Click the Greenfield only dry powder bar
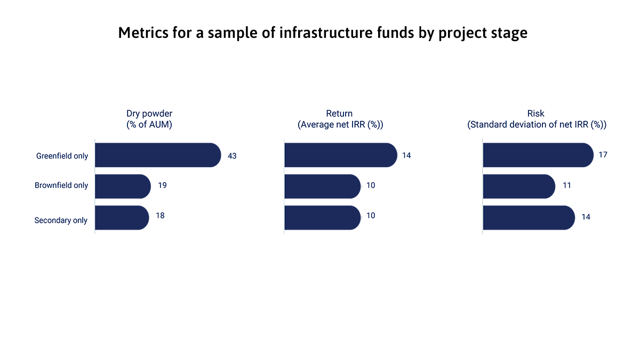click(x=157, y=155)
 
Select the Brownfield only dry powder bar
click(x=122, y=186)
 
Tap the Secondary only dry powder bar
click(x=121, y=217)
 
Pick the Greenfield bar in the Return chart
click(x=340, y=155)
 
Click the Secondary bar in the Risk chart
click(x=528, y=217)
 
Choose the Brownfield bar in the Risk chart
click(x=518, y=186)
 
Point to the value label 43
click(x=232, y=156)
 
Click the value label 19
click(x=163, y=185)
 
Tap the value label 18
click(x=160, y=215)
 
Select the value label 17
click(x=603, y=155)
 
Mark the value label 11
click(x=566, y=185)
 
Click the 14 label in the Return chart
click(x=406, y=155)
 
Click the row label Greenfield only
click(x=62, y=156)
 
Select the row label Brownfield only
click(x=61, y=185)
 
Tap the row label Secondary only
click(x=61, y=220)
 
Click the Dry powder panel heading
click(x=149, y=113)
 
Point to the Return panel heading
click(x=340, y=113)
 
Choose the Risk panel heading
click(x=535, y=113)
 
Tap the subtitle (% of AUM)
click(x=149, y=124)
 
